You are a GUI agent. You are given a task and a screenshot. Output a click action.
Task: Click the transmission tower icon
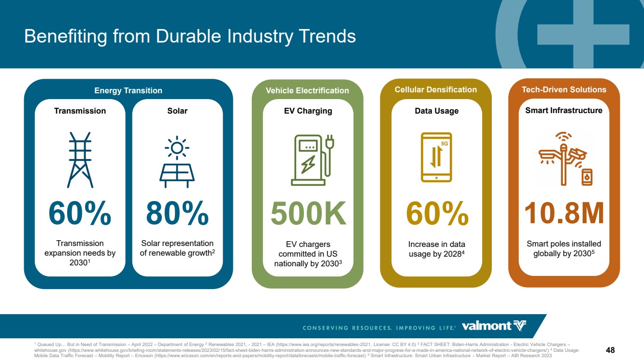[x=80, y=160]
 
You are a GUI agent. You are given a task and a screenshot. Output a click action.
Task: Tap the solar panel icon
[x=177, y=162]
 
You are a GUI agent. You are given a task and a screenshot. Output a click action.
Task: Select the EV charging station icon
[x=313, y=160]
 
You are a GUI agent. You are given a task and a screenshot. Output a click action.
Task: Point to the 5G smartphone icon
[x=436, y=157]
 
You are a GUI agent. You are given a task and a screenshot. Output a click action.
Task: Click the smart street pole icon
[x=563, y=159]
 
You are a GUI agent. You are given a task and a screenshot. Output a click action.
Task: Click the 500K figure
[x=308, y=213]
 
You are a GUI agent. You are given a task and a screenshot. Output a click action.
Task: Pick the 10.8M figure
[x=564, y=213]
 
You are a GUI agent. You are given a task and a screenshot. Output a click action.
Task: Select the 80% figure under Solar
[x=177, y=213]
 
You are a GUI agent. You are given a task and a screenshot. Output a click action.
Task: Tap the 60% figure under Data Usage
[x=437, y=213]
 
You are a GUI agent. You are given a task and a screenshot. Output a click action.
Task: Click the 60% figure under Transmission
[x=80, y=213]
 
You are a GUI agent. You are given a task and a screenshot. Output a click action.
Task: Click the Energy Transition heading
[x=128, y=90]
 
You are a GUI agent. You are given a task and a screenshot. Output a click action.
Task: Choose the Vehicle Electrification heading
[x=307, y=90]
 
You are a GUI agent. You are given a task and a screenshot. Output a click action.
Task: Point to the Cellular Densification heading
[x=436, y=90]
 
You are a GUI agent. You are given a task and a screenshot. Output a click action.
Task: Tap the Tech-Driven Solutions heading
[x=564, y=90]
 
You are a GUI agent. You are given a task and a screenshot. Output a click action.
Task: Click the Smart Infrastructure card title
[x=564, y=110]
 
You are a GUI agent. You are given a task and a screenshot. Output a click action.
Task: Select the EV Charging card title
[x=308, y=111]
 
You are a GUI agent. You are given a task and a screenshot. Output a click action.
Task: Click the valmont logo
[x=494, y=326]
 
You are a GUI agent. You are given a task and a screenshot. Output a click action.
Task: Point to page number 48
[x=610, y=350]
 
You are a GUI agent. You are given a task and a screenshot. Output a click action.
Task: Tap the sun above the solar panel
[x=177, y=148]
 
